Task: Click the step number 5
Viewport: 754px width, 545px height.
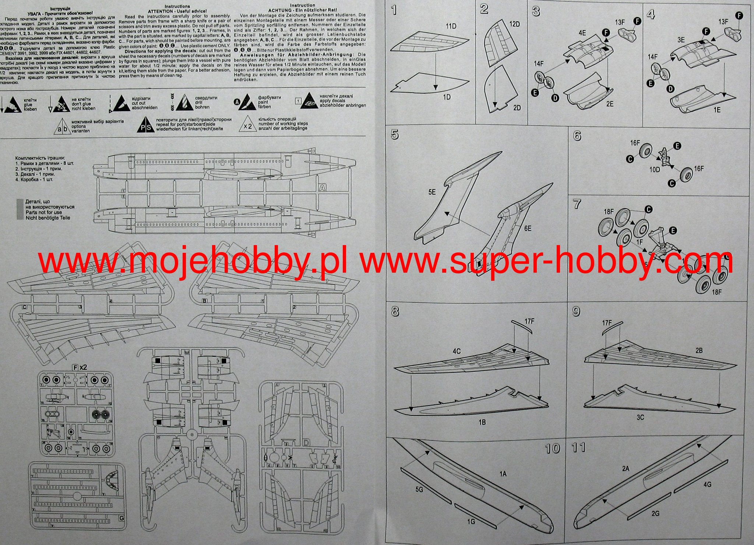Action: [395, 135]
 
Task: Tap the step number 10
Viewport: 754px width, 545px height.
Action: [552, 448]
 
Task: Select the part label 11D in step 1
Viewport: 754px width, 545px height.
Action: [451, 26]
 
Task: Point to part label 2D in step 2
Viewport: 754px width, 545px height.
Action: [517, 108]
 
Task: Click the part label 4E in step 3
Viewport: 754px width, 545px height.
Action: [582, 33]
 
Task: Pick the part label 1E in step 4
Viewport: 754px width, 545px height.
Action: [717, 110]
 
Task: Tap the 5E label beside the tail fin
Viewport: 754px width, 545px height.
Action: [431, 192]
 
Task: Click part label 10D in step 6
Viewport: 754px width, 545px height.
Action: [654, 170]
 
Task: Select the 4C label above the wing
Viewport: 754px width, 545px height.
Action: [457, 351]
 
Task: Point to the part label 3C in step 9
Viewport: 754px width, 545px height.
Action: [640, 417]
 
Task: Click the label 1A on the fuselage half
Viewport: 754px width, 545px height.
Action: [503, 474]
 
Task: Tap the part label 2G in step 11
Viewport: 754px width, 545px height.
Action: [655, 513]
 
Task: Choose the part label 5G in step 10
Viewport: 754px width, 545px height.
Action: [419, 490]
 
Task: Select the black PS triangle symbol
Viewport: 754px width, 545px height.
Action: [145, 126]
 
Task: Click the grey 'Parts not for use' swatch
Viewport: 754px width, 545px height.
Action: [20, 209]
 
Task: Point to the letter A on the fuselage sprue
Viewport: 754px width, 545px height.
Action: [322, 188]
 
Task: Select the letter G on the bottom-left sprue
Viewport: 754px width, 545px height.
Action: [122, 519]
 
